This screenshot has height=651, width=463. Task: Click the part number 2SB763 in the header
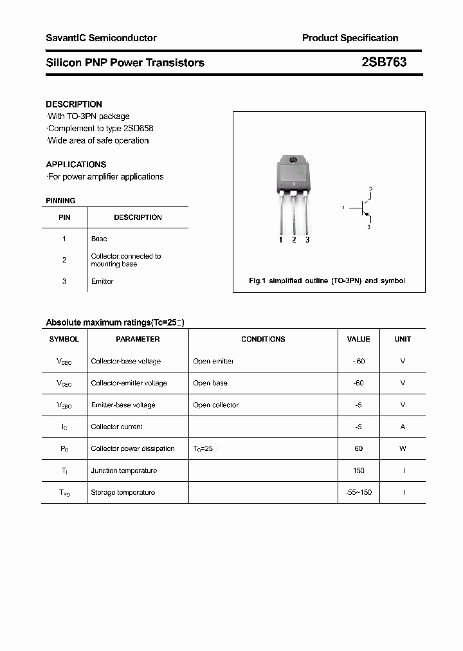click(x=384, y=62)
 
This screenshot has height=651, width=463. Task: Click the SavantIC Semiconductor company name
click(x=101, y=38)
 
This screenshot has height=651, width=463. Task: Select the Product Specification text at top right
click(x=350, y=38)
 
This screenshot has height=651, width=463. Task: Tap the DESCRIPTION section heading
click(x=74, y=104)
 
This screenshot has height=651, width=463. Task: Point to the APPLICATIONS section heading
click(x=76, y=164)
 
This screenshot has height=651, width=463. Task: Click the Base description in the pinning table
click(x=99, y=239)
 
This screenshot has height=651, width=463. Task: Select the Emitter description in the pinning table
click(x=102, y=281)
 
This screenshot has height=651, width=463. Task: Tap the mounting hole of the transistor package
click(x=293, y=161)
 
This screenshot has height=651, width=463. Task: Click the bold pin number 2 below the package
click(x=294, y=240)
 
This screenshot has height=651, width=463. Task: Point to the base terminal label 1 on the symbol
click(x=344, y=207)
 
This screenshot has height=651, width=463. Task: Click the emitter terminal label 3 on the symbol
click(x=369, y=227)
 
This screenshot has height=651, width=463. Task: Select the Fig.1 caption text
click(x=327, y=281)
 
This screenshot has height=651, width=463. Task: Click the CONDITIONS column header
click(x=263, y=339)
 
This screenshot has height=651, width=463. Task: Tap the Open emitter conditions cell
click(x=213, y=362)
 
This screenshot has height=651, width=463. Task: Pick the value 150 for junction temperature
click(x=358, y=471)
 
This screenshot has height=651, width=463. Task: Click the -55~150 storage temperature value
click(x=358, y=493)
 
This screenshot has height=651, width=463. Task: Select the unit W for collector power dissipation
click(x=403, y=449)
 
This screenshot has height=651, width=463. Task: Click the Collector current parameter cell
click(x=117, y=427)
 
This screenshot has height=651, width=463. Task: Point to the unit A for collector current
click(x=403, y=427)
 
